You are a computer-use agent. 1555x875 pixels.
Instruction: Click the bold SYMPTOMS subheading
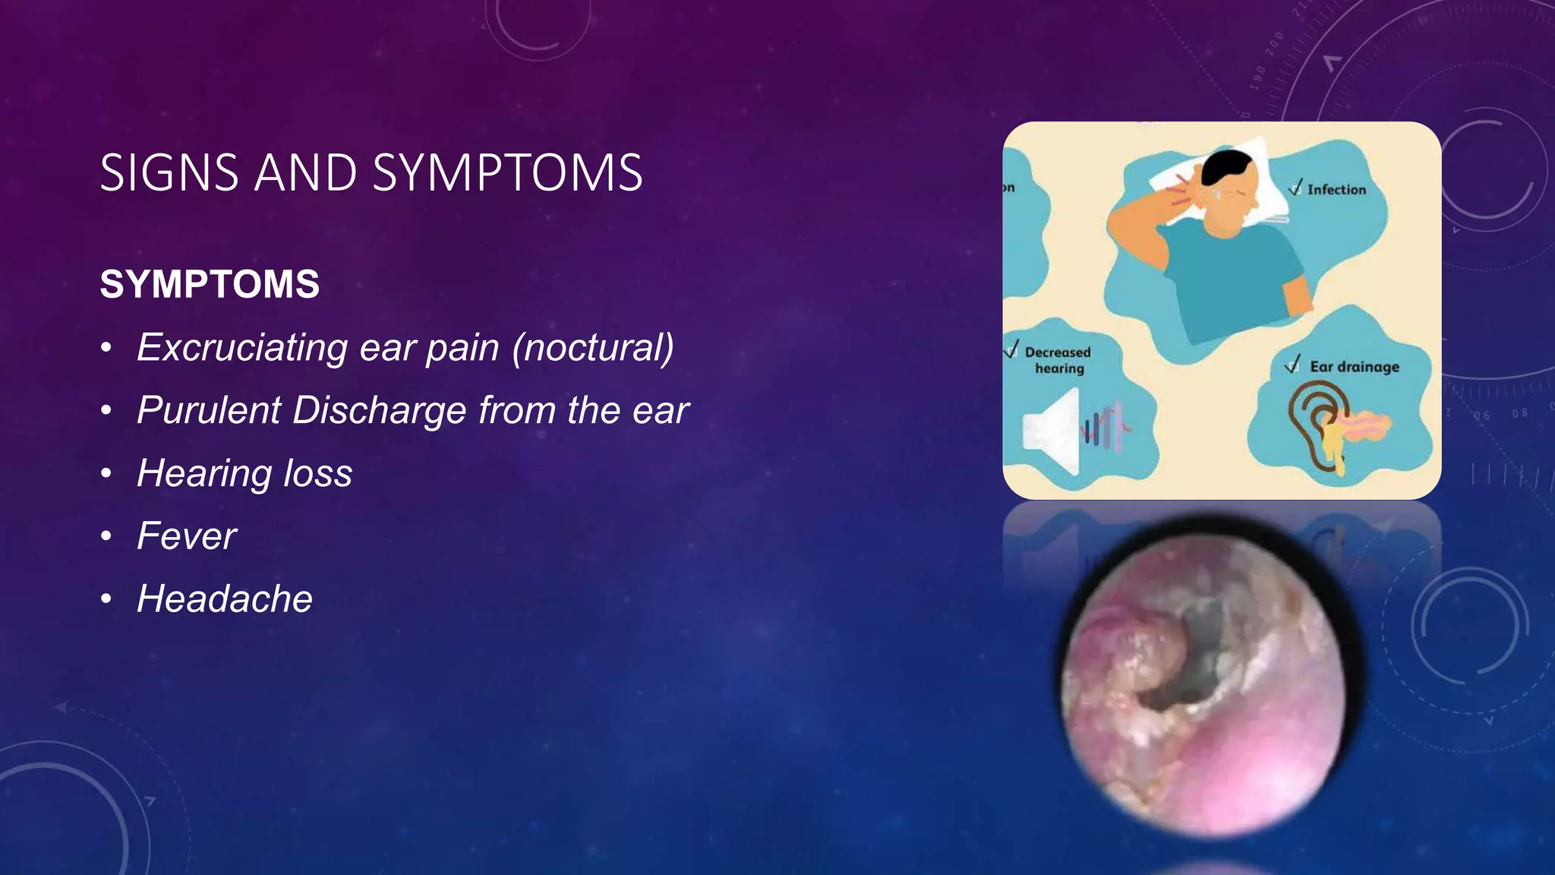point(210,285)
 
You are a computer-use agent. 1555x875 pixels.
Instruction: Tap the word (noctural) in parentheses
point(593,348)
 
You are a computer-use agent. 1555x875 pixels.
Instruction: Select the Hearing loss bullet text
point(244,473)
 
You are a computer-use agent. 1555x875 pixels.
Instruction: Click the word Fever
point(187,536)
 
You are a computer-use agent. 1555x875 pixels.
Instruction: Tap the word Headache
point(225,599)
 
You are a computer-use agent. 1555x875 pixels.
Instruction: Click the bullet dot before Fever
point(107,537)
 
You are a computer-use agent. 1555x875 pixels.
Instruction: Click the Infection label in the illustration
point(1336,190)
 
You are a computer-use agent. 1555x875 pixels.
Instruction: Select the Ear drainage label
point(1354,367)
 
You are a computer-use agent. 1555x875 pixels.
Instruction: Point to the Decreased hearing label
point(1058,360)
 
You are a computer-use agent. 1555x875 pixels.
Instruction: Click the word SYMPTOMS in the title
point(508,172)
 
